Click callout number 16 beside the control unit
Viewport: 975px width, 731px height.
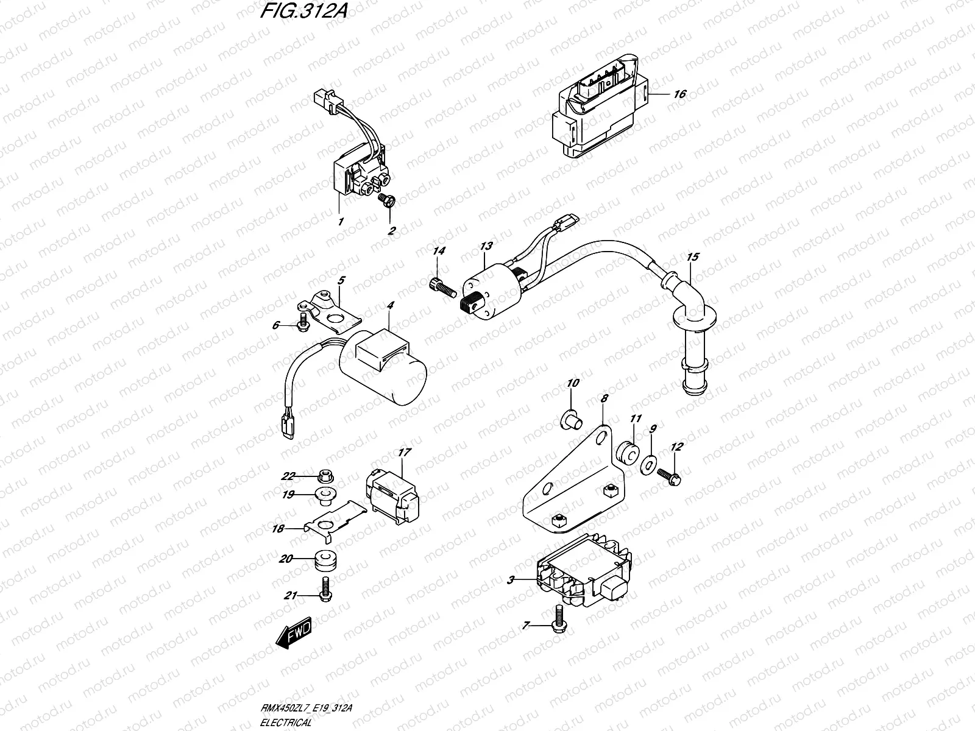coord(679,94)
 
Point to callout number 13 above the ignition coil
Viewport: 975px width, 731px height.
coord(486,247)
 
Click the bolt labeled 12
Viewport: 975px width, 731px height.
coord(669,477)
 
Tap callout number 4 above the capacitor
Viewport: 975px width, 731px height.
coord(390,304)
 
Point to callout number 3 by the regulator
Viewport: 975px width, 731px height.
coord(511,581)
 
